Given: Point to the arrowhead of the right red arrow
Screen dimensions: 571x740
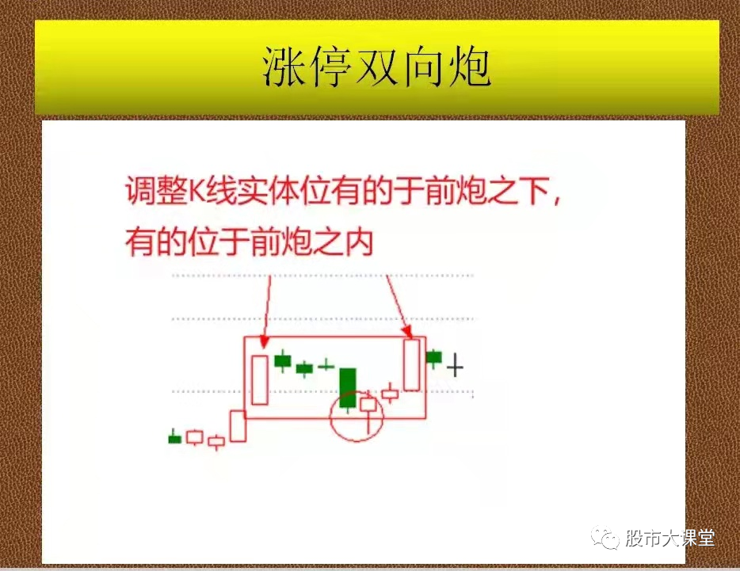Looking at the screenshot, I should (x=406, y=332).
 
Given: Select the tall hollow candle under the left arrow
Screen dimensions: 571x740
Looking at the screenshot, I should (x=259, y=380).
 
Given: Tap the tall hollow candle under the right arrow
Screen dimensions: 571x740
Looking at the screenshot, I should (x=411, y=364).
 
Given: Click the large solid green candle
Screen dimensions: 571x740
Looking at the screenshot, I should (x=347, y=387).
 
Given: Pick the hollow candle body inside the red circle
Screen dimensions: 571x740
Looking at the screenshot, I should (x=368, y=404).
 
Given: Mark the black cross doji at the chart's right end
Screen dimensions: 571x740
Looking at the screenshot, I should (x=455, y=367).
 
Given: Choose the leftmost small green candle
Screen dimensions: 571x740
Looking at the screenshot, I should (x=174, y=438).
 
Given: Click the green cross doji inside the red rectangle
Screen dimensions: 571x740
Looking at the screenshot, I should (x=326, y=366).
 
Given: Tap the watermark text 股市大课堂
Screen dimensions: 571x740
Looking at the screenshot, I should (x=669, y=539).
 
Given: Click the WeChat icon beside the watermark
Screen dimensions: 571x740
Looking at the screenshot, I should (x=609, y=539).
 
